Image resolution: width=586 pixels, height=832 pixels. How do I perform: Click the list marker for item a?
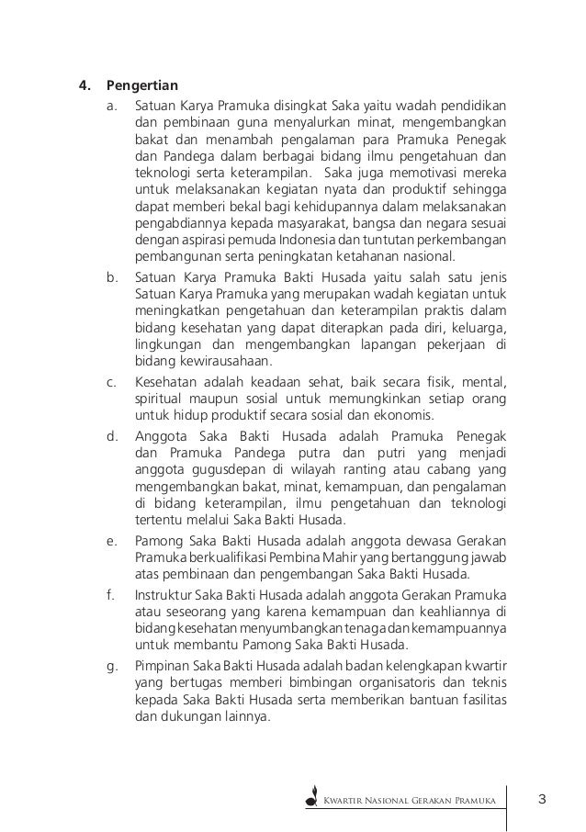pos(111,107)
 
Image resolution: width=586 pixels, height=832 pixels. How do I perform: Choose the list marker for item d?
pos(111,437)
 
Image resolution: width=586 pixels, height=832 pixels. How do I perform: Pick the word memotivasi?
pos(414,173)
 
